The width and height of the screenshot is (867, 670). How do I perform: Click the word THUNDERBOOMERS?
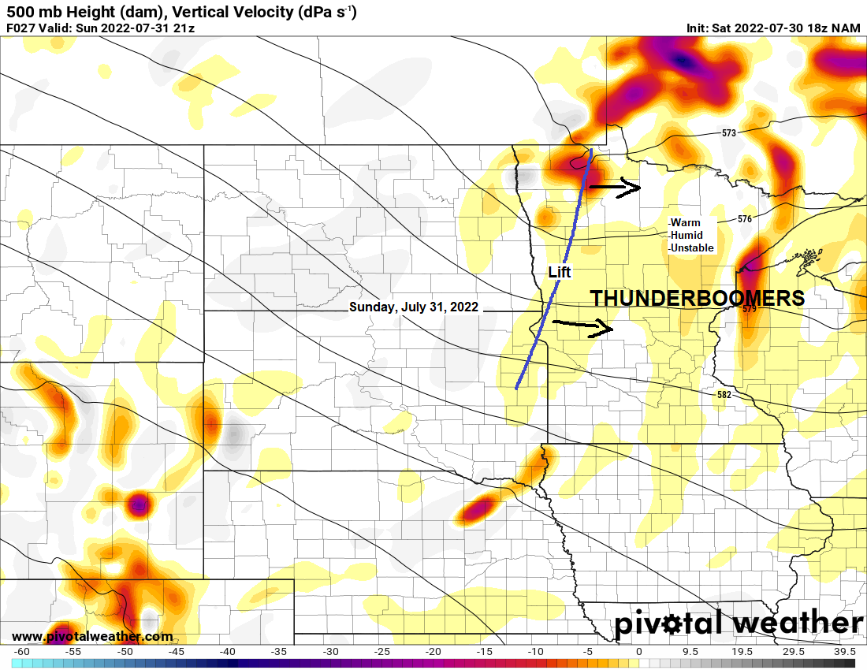(x=698, y=299)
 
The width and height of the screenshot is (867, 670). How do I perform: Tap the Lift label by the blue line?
(x=560, y=272)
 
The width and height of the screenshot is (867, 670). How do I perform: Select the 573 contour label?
(x=728, y=133)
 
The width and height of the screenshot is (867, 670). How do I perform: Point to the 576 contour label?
(x=745, y=219)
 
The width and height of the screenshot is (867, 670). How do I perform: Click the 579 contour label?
(x=749, y=309)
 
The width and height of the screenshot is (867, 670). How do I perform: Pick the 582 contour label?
(x=724, y=394)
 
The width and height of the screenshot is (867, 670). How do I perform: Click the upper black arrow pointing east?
(x=616, y=187)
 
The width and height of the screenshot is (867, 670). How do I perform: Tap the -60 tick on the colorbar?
(x=22, y=652)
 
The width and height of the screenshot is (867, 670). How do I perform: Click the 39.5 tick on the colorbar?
(x=844, y=652)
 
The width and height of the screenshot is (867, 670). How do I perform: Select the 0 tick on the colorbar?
(x=638, y=652)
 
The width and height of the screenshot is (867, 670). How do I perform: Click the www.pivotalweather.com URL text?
(x=92, y=636)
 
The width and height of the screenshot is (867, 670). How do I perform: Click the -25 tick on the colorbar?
(x=381, y=652)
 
